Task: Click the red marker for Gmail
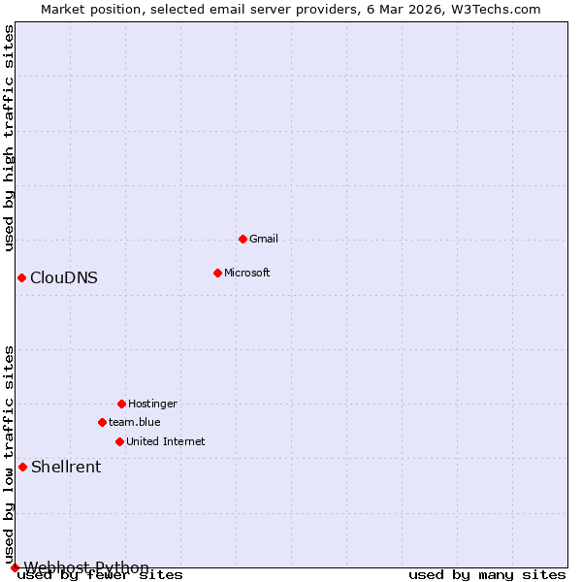242,239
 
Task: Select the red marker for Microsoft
217,273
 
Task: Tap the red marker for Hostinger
121,404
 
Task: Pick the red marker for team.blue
102,422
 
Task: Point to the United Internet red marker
119,441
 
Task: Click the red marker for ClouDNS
21,277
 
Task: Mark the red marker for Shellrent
22,467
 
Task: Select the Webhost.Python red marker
15,567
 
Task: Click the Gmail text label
264,239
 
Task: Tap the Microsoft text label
247,273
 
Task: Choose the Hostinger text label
152,404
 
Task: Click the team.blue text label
135,422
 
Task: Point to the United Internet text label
166,441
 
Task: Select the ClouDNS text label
64,277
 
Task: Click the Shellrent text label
66,467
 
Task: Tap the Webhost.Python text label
87,567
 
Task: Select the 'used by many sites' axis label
487,575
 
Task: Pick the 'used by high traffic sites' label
9,138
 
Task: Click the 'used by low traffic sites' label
9,454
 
